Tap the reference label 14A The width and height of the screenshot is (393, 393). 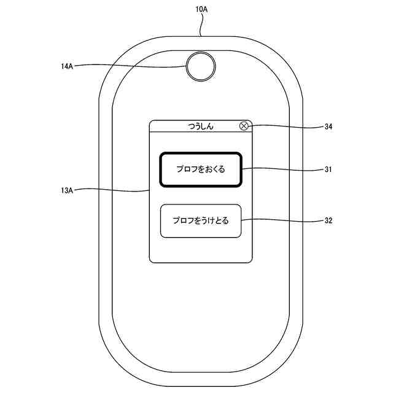coord(68,66)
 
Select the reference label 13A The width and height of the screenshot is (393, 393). coord(68,191)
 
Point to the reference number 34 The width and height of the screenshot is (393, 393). coord(328,127)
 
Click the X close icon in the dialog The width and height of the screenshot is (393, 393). coord(244,126)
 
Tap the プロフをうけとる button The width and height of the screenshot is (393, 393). coord(200,220)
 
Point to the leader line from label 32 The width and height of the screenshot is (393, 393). coord(282,219)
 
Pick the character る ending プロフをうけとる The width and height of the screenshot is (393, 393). coord(225,220)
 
